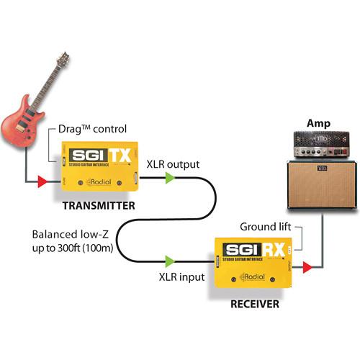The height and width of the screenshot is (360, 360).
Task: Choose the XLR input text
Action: pos(180,276)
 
